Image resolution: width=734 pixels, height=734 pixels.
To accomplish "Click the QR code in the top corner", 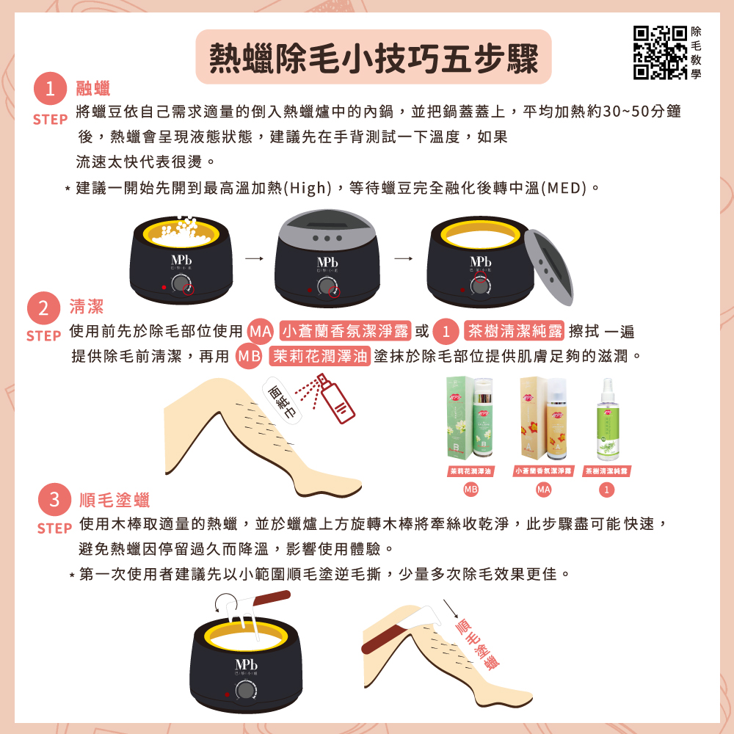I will (659, 52).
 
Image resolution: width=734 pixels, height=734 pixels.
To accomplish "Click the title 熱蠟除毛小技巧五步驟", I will (374, 57).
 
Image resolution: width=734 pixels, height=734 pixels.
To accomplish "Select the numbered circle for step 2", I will (44, 308).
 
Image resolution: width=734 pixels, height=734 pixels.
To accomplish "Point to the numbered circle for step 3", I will (54, 500).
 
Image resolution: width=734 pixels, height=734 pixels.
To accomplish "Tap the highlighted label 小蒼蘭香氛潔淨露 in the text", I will (345, 331).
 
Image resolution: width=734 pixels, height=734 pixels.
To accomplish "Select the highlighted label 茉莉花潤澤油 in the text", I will (319, 357).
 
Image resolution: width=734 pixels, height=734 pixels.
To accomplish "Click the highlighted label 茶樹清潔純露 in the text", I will (514, 331).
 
